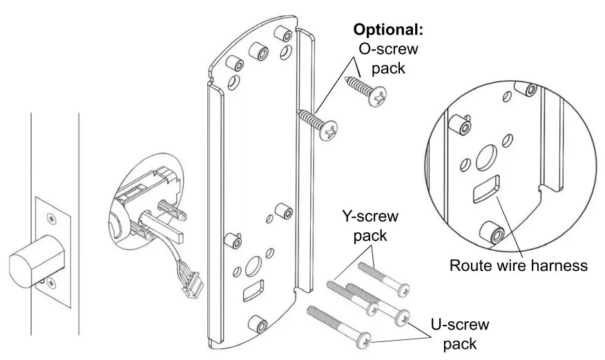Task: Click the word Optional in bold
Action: pyautogui.click(x=388, y=30)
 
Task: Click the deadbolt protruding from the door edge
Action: pyautogui.click(x=34, y=261)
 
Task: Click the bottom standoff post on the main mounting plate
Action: pyautogui.click(x=259, y=323)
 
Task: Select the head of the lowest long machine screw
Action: pyautogui.click(x=365, y=339)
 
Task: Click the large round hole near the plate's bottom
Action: pyautogui.click(x=252, y=265)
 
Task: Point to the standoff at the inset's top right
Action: pyautogui.click(x=531, y=91)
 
